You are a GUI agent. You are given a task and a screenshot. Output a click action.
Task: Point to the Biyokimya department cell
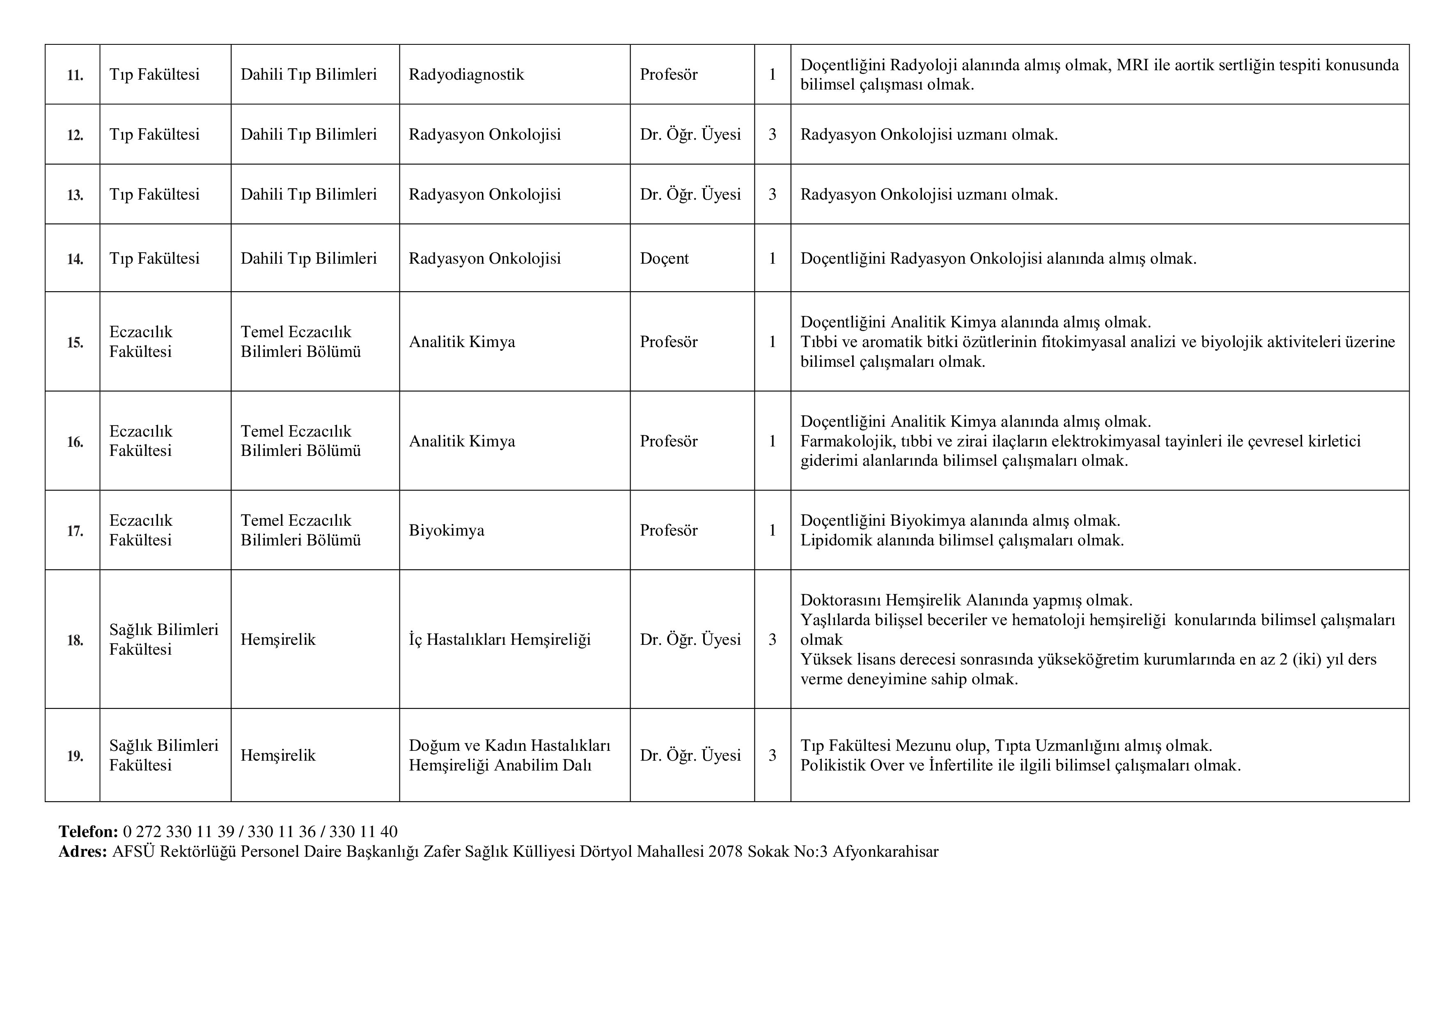pyautogui.click(x=447, y=531)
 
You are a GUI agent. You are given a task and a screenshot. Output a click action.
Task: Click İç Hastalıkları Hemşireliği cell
pyautogui.click(x=499, y=640)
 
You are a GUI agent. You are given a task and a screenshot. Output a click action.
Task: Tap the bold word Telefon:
pyautogui.click(x=88, y=832)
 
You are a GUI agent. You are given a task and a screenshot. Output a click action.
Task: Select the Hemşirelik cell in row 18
pyautogui.click(x=278, y=640)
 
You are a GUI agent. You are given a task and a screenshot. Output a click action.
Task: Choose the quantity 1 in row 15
pyautogui.click(x=772, y=342)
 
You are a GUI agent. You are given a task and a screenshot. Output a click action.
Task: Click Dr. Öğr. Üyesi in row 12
pyautogui.click(x=690, y=135)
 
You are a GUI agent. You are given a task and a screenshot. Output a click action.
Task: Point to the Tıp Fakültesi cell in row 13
pyautogui.click(x=154, y=195)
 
